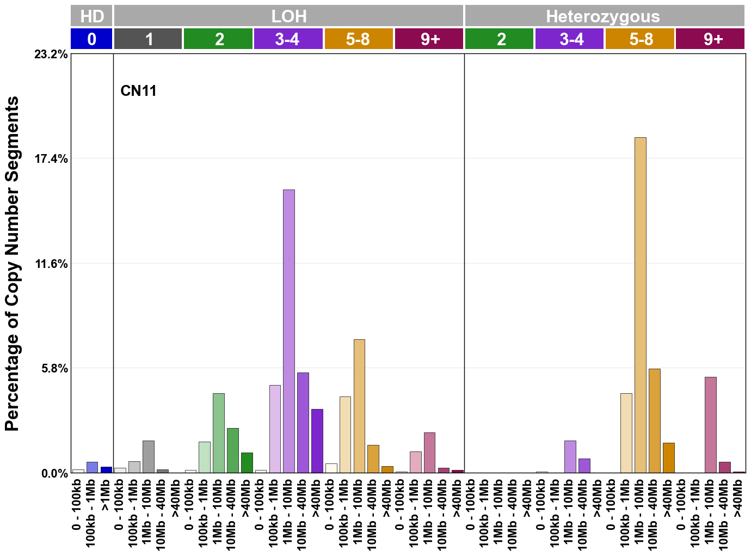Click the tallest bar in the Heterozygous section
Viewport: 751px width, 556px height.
(640, 305)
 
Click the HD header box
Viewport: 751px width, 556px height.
(91, 16)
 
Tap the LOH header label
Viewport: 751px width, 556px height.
(288, 16)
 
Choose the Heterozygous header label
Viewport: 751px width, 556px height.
(603, 16)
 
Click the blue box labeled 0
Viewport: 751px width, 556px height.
(91, 39)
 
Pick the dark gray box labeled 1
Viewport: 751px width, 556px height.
(148, 39)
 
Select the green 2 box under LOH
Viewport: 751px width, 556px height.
(218, 39)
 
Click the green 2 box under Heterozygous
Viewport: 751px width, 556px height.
(500, 39)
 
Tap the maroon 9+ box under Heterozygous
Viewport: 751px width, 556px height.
(710, 39)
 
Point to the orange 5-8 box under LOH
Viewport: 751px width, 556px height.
(359, 39)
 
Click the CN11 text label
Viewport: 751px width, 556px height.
(138, 90)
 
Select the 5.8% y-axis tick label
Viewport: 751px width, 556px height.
(54, 369)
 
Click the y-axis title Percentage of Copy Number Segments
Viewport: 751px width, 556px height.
(12, 264)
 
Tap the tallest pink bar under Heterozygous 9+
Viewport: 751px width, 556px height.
(710, 425)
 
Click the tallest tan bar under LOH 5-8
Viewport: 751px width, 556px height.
(359, 406)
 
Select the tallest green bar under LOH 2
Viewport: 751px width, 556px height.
(219, 433)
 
